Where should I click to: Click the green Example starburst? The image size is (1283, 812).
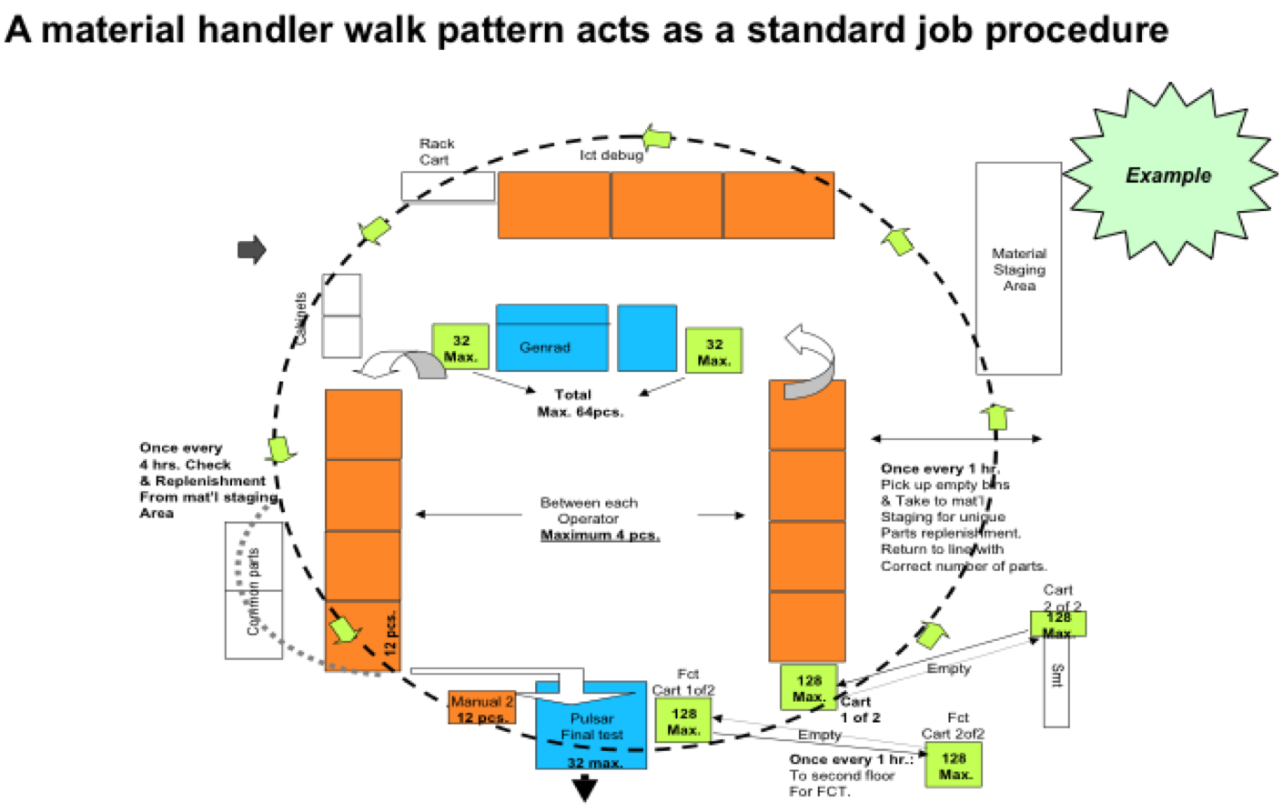(1168, 175)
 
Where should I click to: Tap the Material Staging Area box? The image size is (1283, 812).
(1018, 269)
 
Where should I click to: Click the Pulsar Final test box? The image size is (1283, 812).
(591, 727)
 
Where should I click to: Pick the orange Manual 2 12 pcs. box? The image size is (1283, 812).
(481, 708)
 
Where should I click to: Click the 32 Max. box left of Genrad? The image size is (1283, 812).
(460, 347)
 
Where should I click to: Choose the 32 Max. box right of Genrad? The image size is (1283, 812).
(713, 351)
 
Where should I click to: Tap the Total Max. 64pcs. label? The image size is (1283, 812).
(579, 403)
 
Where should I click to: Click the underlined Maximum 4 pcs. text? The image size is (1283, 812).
(600, 535)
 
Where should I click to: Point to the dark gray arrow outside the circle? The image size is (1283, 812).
(251, 248)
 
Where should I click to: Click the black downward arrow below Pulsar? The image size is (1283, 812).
(585, 788)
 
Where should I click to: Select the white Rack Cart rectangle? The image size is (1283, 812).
(448, 186)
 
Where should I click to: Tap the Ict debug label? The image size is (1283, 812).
(611, 155)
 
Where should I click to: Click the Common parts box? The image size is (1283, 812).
(254, 590)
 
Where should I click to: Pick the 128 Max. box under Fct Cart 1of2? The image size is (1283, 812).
(683, 721)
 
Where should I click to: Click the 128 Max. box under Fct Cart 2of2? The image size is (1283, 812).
(954, 766)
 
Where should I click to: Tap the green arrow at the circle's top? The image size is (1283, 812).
(657, 139)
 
